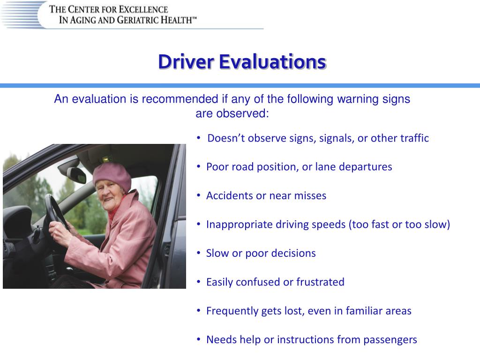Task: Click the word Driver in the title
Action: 186,62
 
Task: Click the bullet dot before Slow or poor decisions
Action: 199,253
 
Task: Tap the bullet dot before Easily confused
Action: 199,282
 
